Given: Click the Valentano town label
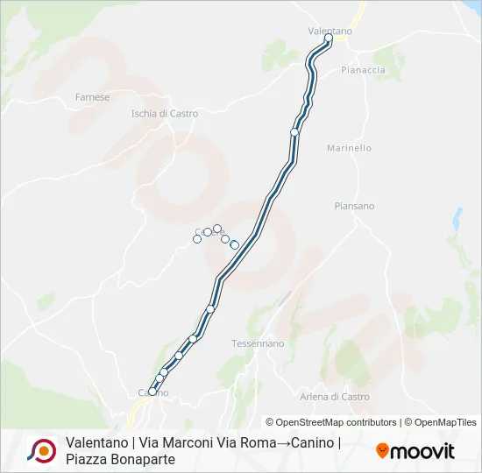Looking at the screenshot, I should tap(330, 31).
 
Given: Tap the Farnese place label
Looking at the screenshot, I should tap(92, 97).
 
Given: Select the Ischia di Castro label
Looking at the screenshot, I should tap(165, 114).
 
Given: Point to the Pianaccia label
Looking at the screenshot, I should tap(363, 70).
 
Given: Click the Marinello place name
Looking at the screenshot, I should tap(349, 149).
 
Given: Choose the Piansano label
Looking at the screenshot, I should tap(354, 207).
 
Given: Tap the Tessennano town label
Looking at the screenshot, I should tap(258, 343).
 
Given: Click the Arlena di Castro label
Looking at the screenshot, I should tap(335, 397).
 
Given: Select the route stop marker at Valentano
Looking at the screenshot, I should tap(328, 39).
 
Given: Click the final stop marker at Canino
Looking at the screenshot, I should tap(152, 392).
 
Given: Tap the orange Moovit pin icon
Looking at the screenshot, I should tap(382, 451).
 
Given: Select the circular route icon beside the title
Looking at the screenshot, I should tap(41, 450).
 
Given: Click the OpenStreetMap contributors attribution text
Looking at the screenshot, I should tap(331, 422).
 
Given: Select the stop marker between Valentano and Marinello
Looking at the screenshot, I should tap(294, 132).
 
